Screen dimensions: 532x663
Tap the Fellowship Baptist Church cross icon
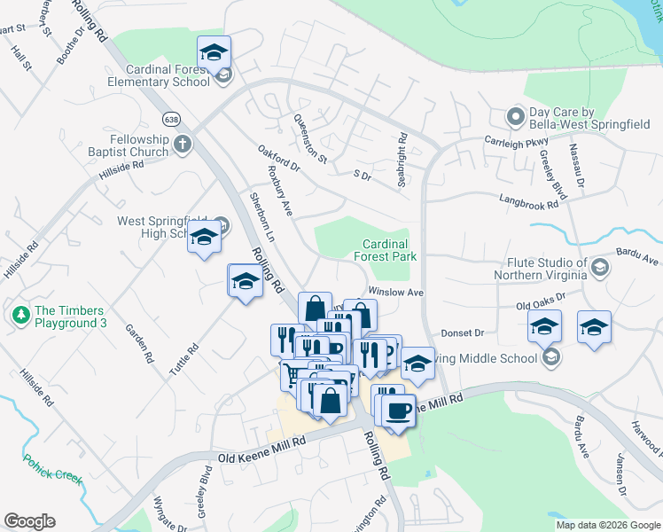[183, 145]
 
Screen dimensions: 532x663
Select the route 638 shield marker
[171, 118]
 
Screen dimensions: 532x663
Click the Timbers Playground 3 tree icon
[20, 314]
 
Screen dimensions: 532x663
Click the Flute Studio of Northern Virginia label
[546, 270]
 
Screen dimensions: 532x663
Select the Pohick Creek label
[53, 469]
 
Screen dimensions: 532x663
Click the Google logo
[29, 521]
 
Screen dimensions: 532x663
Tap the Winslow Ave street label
[397, 291]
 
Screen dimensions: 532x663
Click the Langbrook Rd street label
[528, 202]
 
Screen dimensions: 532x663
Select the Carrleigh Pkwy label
[511, 141]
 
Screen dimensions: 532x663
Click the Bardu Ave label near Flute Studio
[639, 260]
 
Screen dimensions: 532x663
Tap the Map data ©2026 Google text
[607, 525]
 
